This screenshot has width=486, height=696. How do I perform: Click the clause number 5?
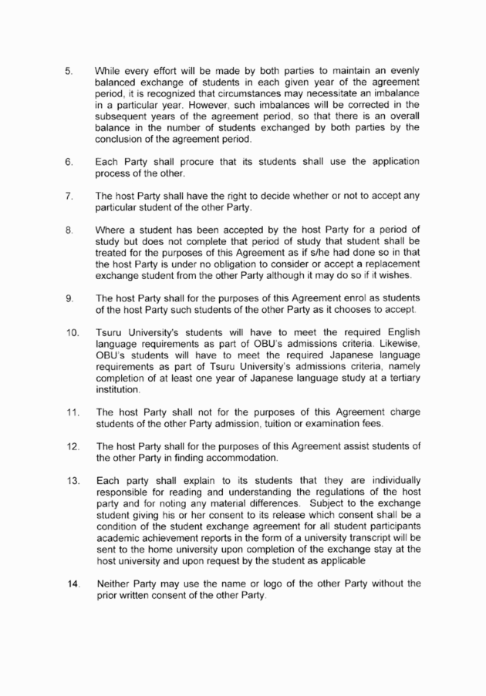point(68,71)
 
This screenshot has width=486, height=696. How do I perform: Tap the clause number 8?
point(68,230)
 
